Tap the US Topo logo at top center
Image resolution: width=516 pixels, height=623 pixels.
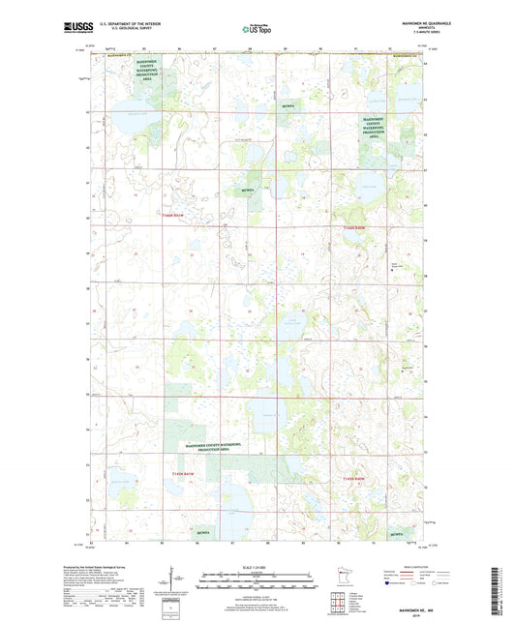(257, 29)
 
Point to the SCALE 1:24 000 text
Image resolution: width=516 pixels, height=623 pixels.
(257, 566)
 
